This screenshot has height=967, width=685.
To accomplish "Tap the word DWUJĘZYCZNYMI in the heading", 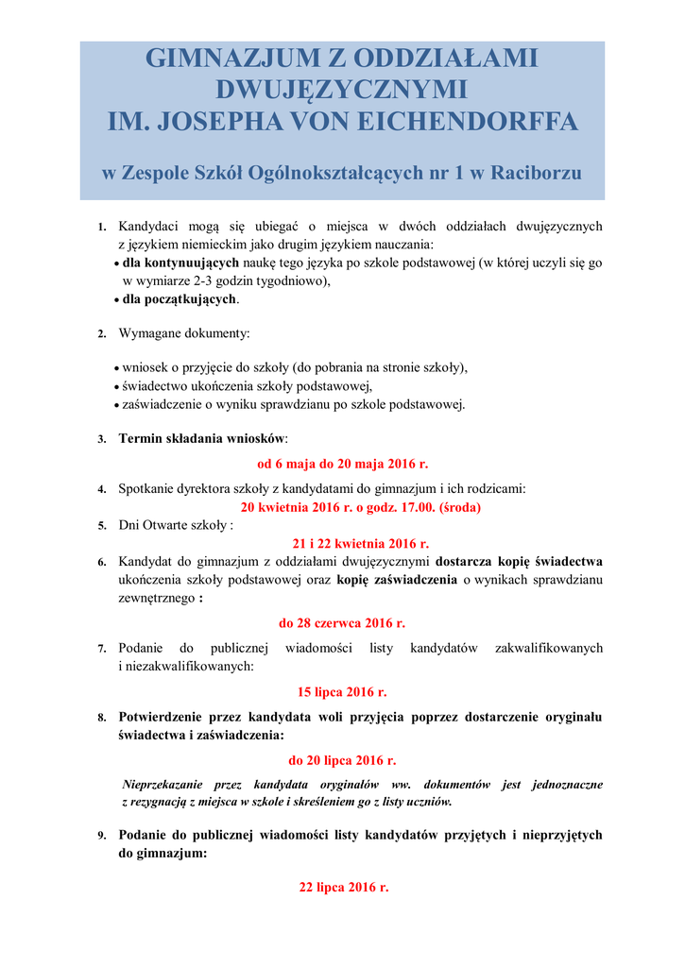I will point(342,90).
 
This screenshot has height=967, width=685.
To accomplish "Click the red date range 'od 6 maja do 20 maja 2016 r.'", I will point(342,464).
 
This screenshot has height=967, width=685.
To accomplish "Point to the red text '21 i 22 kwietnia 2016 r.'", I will point(348,543).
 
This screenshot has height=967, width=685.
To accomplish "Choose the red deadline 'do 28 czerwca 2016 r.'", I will point(342,623).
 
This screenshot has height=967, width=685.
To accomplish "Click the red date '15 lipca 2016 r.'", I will point(342,691).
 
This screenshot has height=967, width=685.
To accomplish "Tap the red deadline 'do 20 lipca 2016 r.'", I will point(342,759).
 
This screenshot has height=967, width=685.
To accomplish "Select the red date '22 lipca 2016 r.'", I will point(344,888).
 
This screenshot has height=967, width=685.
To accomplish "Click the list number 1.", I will point(101,228).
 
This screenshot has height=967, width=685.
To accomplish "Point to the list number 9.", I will point(101,836).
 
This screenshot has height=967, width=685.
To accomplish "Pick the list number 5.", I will point(101,525).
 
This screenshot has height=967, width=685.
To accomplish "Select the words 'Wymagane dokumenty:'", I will point(184,333).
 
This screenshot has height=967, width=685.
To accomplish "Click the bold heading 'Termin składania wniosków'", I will point(201,438).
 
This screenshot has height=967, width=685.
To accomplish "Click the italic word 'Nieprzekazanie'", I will point(163,784).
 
